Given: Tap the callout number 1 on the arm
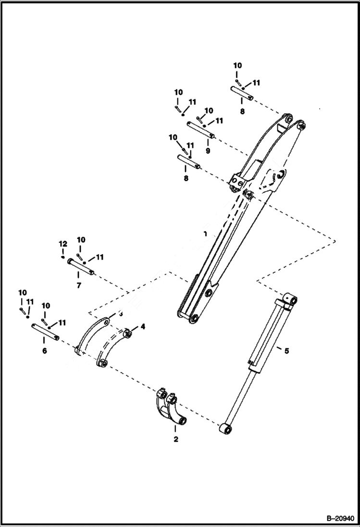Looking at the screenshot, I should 205,234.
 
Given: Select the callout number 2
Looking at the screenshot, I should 176,439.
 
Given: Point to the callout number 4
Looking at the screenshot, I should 143,327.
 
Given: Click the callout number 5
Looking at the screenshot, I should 286,351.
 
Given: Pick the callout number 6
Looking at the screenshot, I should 45,351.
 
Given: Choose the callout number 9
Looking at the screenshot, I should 208,150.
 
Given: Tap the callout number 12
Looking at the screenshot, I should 62,244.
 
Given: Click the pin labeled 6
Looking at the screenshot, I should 45,332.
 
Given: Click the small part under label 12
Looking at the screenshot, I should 63,257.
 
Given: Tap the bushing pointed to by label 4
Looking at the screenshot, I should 128,334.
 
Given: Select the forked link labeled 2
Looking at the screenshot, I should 171,408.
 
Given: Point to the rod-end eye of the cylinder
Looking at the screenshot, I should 224,428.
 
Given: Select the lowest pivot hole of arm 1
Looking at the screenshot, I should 195,319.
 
